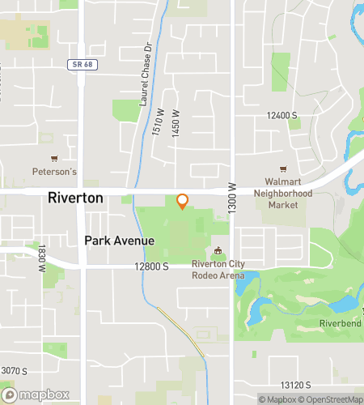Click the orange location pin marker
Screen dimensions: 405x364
coord(182,202)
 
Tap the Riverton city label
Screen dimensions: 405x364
coord(75,198)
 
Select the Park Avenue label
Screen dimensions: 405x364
coord(114,241)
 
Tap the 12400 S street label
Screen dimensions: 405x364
coord(282,116)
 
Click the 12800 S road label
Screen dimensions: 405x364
coord(151,266)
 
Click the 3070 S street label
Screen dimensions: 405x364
coord(15,371)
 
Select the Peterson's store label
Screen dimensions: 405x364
coord(54,172)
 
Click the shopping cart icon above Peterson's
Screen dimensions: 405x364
coord(54,159)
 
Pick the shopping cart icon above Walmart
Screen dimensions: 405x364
coord(283,169)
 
